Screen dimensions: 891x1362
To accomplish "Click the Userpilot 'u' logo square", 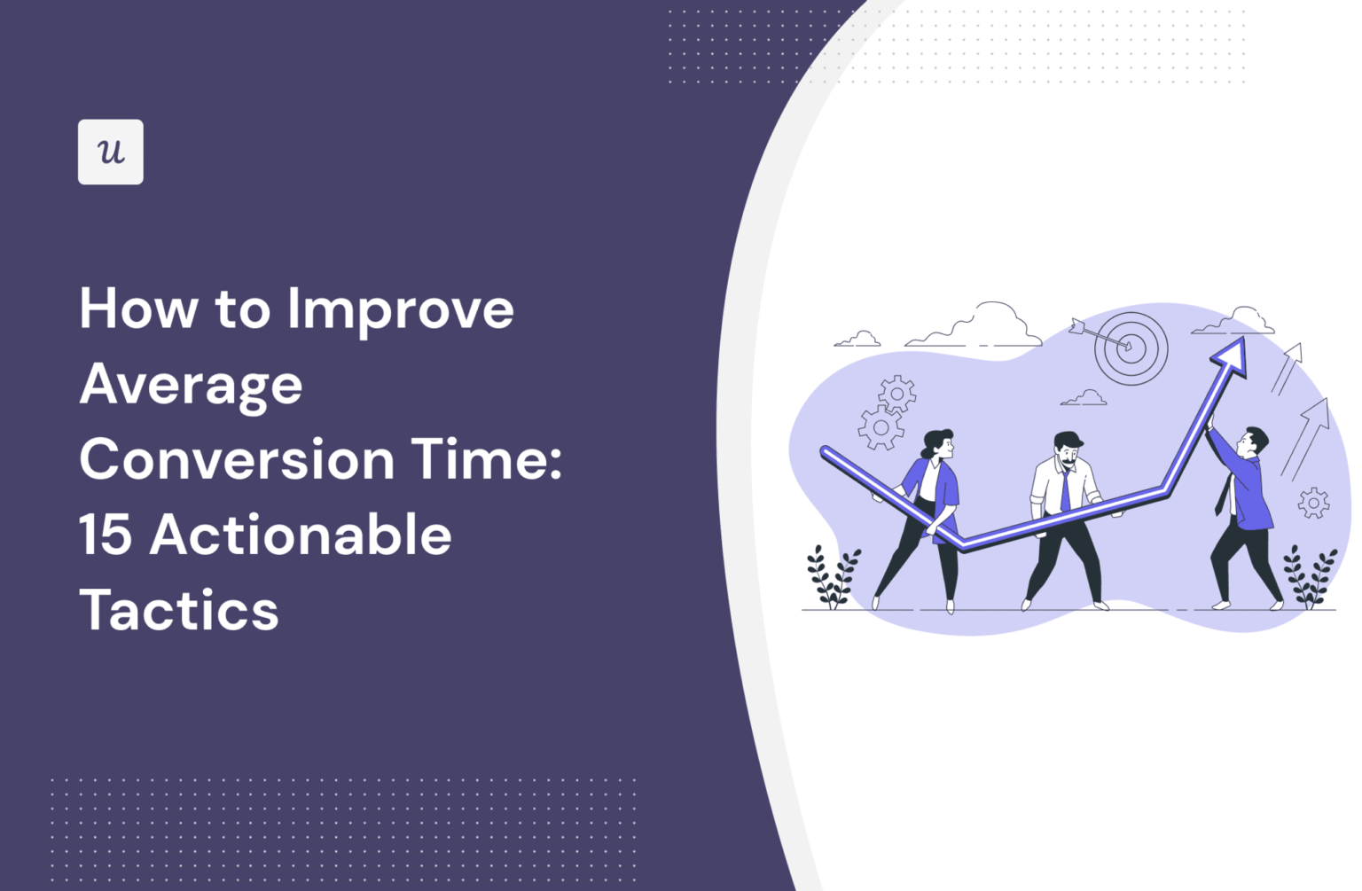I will pyautogui.click(x=110, y=152).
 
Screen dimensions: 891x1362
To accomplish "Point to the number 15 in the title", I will pyautogui.click(x=106, y=535).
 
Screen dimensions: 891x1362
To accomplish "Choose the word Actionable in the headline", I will pyautogui.click(x=301, y=535).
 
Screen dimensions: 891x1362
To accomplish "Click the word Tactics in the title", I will pyautogui.click(x=179, y=611).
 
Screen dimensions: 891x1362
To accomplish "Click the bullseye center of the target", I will pyautogui.click(x=1129, y=348).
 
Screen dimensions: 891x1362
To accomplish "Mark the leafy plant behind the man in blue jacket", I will pyautogui.click(x=1311, y=576).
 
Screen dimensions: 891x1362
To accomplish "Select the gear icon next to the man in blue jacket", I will pyautogui.click(x=1313, y=503).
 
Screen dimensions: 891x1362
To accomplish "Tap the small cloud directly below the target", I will pyautogui.click(x=1084, y=399).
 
